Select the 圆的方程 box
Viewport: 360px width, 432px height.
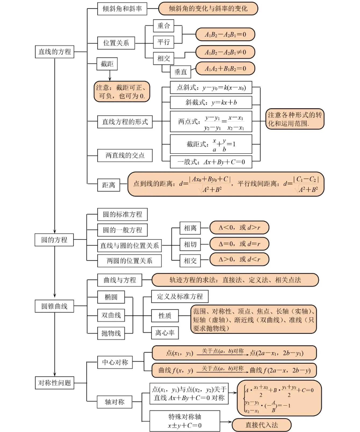point(54,240)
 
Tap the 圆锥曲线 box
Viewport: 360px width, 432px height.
point(54,306)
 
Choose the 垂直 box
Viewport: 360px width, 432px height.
point(178,70)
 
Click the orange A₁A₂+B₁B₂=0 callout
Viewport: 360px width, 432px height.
point(225,68)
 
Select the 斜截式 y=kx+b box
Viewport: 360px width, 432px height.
point(211,102)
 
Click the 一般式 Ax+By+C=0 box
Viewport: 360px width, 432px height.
point(211,161)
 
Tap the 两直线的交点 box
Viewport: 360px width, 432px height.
point(125,155)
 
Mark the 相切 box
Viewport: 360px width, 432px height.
point(190,244)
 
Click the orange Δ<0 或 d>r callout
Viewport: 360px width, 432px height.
point(239,228)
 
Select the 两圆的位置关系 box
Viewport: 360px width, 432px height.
point(129,261)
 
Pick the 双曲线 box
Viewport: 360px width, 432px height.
point(111,315)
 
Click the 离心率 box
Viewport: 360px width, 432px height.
point(164,333)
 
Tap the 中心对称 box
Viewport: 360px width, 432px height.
point(114,362)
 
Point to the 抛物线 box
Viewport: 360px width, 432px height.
point(111,333)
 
